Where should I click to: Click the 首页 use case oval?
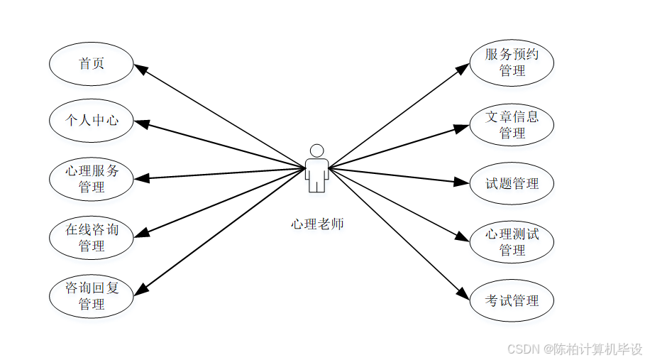92,63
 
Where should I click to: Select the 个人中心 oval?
92,120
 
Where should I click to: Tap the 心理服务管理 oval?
92,178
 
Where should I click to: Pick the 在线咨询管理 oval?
92,237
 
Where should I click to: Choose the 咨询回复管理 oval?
92,295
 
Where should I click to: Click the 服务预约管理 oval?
512,62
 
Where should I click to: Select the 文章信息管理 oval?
512,124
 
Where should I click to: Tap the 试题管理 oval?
512,184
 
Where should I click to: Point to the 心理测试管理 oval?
512,241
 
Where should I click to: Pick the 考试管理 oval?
512,300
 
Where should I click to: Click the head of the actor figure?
317,151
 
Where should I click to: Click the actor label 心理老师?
317,224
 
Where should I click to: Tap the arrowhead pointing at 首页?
140,69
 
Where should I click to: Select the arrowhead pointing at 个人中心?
140,124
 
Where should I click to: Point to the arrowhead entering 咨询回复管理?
141,288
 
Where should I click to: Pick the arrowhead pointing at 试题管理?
463,182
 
